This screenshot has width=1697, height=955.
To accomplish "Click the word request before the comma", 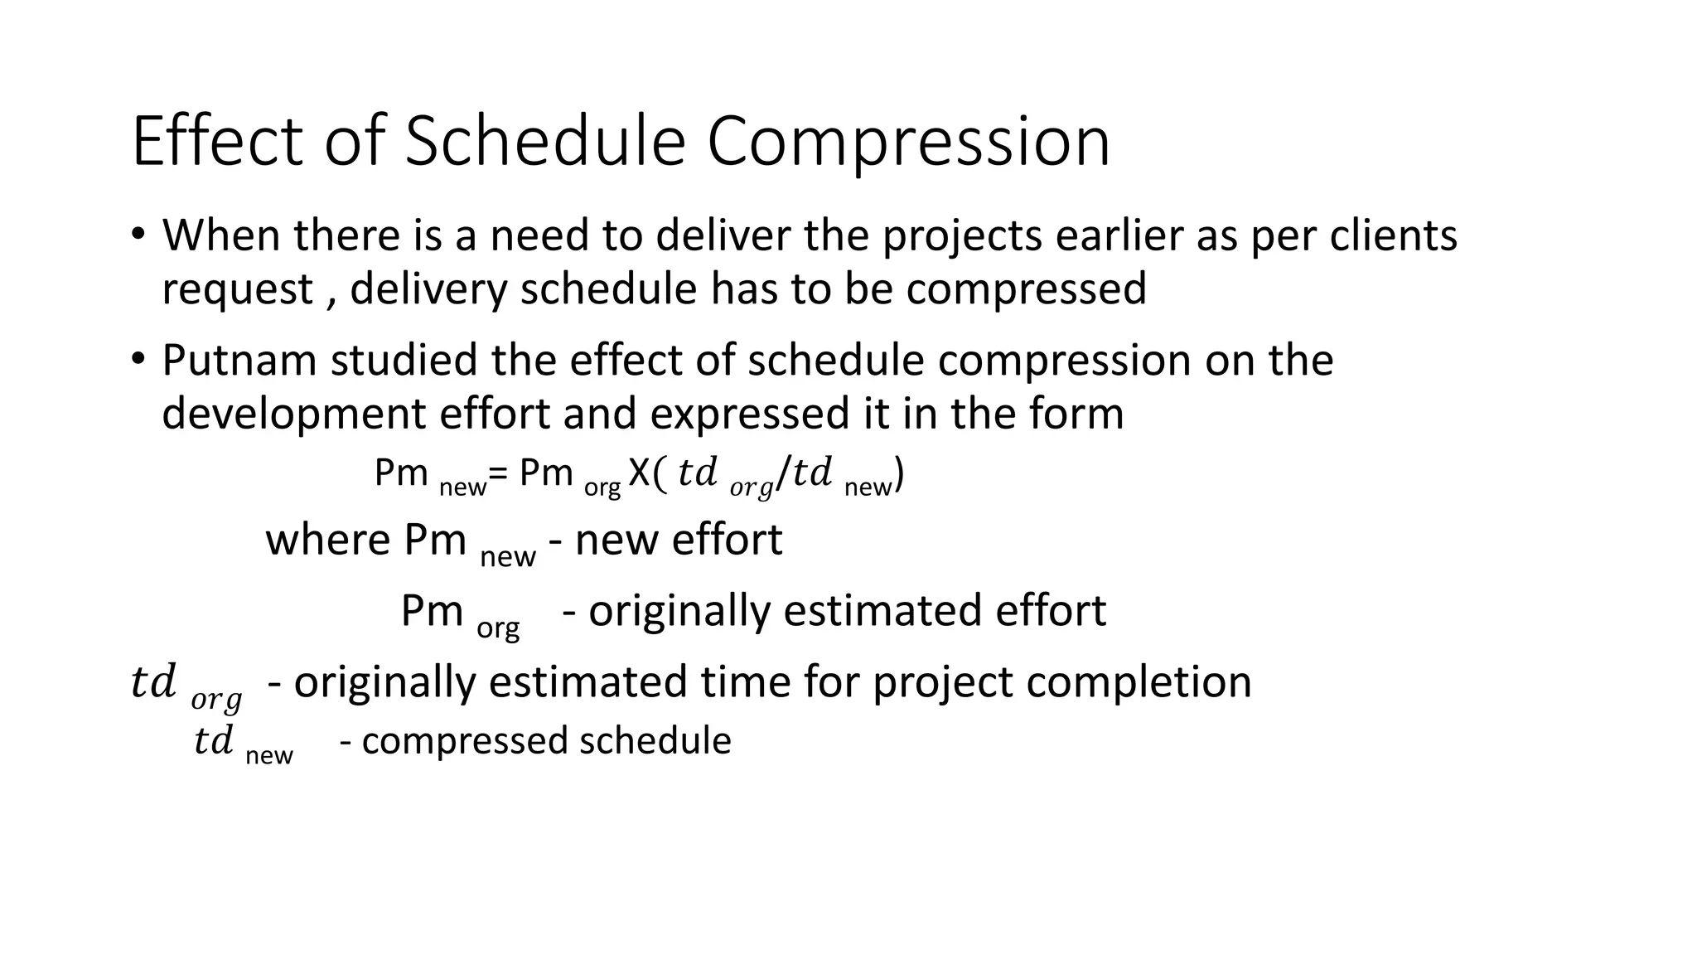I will pos(237,290).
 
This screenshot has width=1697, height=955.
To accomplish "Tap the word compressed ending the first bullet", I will pos(1026,290).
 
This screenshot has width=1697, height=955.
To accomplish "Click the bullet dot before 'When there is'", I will pos(138,234).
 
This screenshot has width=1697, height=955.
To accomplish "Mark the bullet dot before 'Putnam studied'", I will pos(138,358).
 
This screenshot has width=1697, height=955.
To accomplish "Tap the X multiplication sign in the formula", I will pos(639,473).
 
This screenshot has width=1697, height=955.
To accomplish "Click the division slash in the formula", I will pos(783,475).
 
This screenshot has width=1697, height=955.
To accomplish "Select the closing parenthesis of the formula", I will pos(899,475).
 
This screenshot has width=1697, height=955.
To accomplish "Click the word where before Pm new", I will pos(328,541).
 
